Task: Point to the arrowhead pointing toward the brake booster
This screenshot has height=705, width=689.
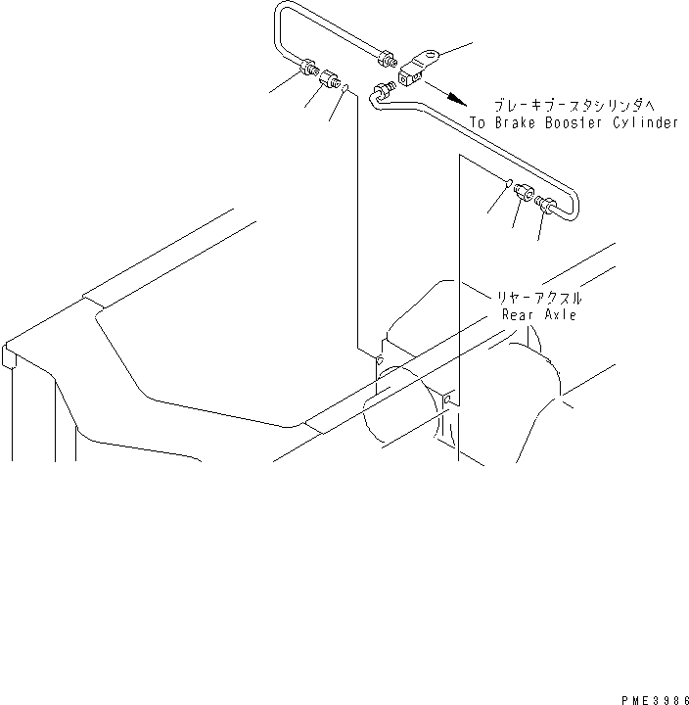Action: click(458, 96)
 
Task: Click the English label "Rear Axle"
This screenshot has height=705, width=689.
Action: click(538, 315)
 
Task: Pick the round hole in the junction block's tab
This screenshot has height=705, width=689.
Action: click(427, 56)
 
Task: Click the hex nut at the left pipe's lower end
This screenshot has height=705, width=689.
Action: click(308, 69)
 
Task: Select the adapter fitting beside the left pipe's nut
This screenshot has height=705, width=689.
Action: click(329, 78)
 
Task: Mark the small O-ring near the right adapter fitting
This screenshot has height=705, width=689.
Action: click(509, 183)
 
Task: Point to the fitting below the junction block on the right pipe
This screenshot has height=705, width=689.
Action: click(381, 92)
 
